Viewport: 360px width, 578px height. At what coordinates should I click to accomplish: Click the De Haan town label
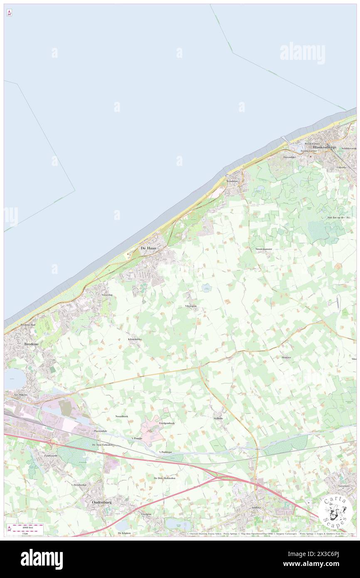148,248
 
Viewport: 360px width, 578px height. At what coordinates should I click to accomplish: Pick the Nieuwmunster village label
264,249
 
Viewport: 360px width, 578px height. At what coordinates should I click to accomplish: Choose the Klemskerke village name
135,339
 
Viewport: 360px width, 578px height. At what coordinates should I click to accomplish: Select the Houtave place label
286,357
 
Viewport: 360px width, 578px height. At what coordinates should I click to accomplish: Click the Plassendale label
101,431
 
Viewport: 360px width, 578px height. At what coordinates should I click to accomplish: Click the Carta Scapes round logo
335,512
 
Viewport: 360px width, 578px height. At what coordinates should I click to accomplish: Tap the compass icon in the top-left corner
9,13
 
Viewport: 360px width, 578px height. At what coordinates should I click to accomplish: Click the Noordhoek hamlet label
122,416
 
